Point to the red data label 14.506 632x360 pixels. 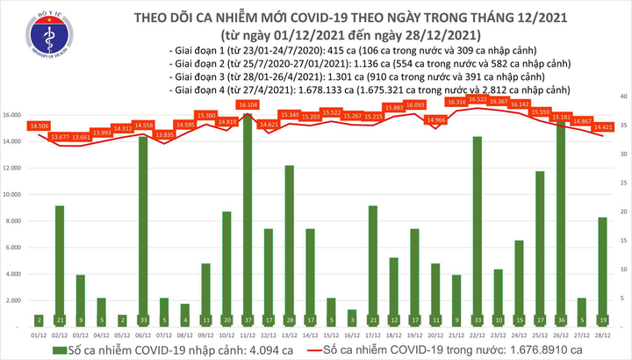click(38, 126)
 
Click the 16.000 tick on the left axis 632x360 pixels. click(13, 115)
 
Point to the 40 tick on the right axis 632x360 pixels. click(621, 95)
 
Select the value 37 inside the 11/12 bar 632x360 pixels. click(248, 320)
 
